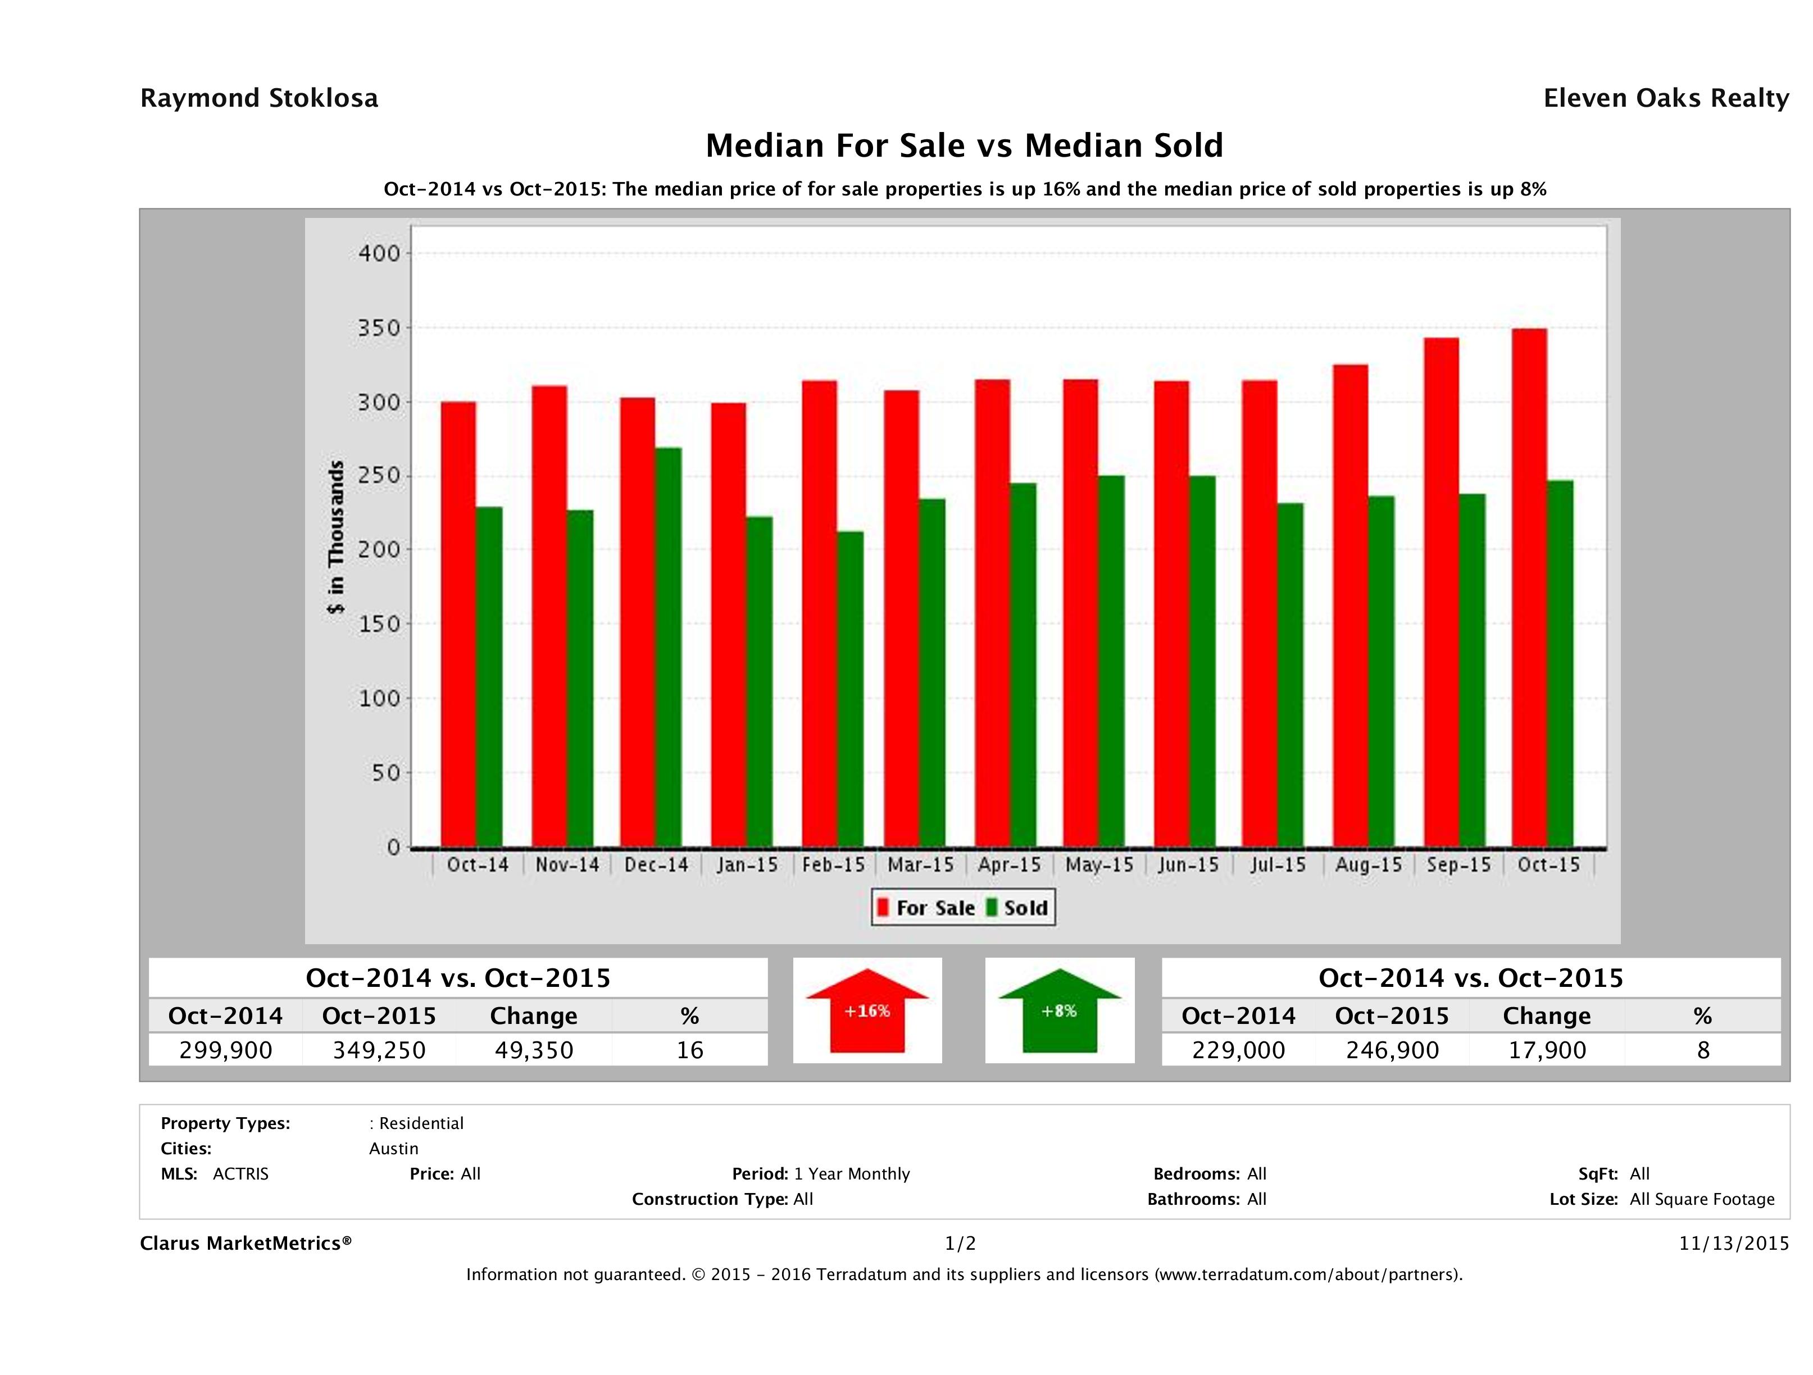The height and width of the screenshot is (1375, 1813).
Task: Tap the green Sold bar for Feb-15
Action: click(850, 688)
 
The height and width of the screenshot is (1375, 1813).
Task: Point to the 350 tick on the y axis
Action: click(379, 329)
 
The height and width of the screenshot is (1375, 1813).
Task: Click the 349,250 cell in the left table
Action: click(379, 1050)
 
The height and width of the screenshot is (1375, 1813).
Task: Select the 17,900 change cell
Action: click(1547, 1050)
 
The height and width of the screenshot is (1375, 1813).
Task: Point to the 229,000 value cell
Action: click(1238, 1050)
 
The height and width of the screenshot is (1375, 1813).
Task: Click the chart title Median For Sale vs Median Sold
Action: click(964, 146)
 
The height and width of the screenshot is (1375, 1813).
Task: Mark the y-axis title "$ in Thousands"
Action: click(336, 537)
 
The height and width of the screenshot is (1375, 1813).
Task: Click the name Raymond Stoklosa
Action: click(259, 98)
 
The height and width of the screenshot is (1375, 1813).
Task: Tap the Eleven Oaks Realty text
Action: click(1665, 98)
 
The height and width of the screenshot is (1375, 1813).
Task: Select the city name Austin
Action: click(393, 1149)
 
